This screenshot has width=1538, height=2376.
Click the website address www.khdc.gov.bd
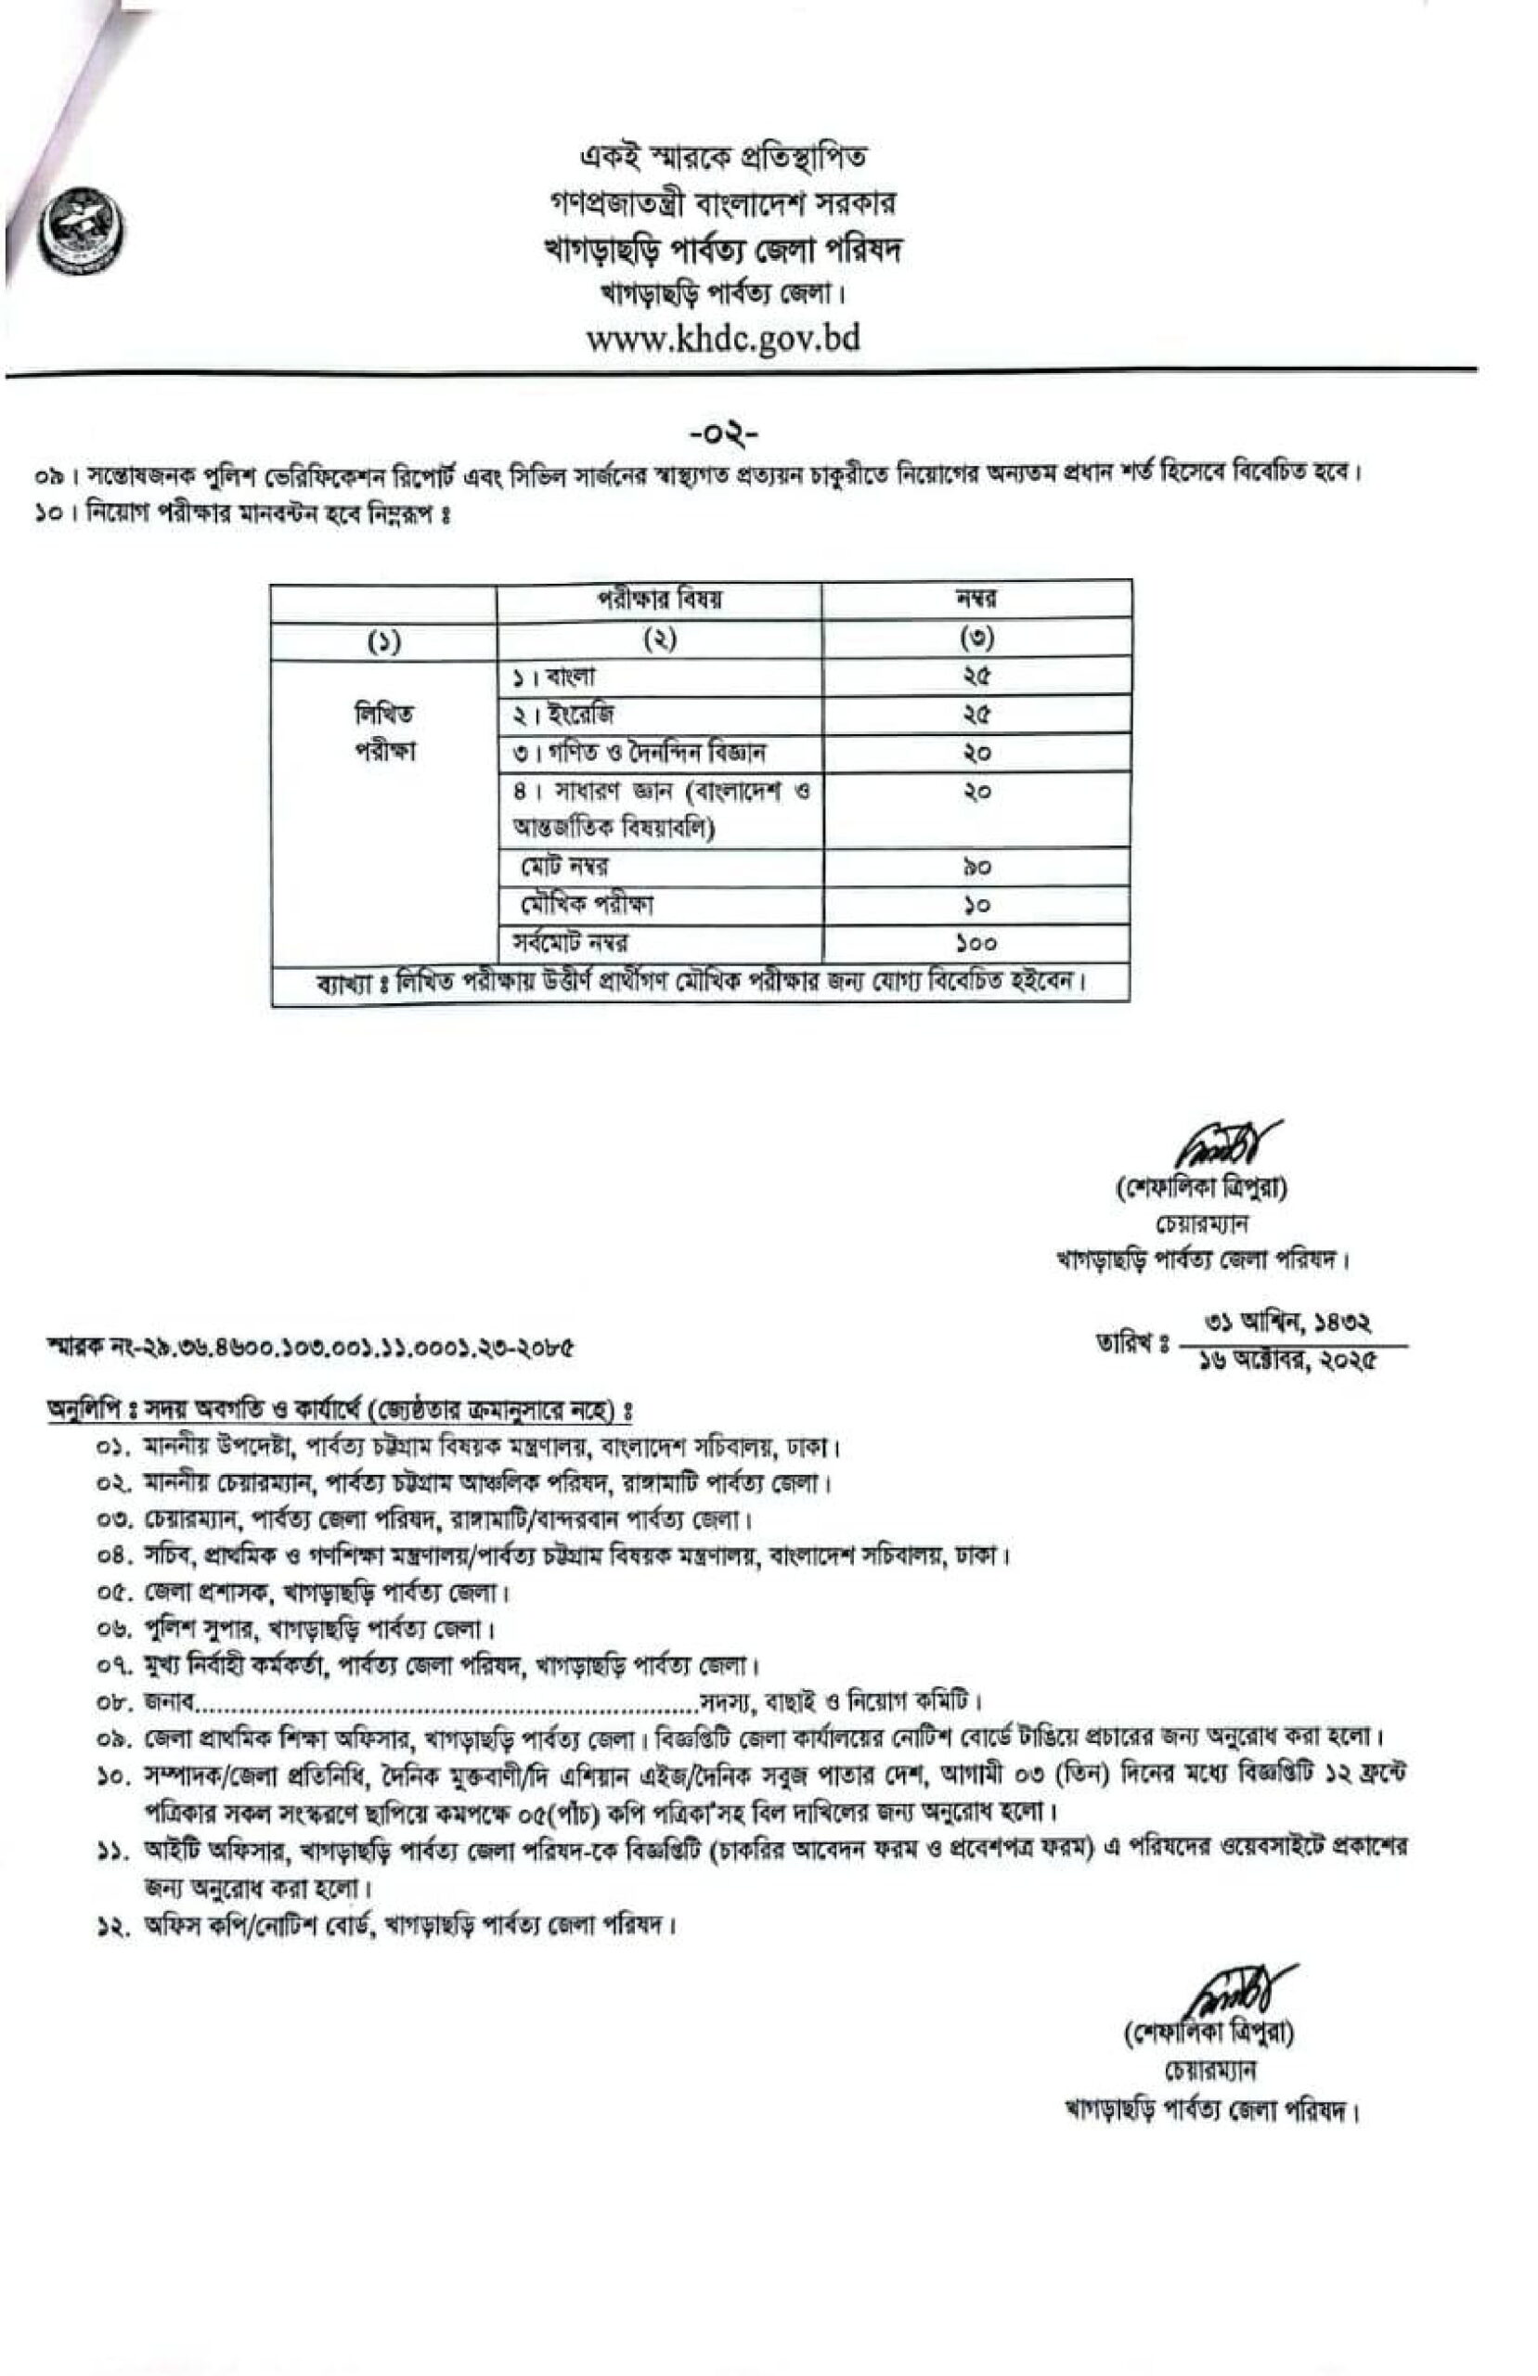pyautogui.click(x=722, y=340)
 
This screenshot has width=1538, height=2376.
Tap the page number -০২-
pyautogui.click(x=723, y=434)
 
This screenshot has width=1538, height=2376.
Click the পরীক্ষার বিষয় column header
pyautogui.click(x=659, y=599)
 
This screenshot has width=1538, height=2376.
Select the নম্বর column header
pyautogui.click(x=976, y=599)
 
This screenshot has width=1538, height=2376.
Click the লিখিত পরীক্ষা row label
pyautogui.click(x=384, y=731)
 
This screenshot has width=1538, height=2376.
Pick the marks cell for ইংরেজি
pyautogui.click(x=976, y=715)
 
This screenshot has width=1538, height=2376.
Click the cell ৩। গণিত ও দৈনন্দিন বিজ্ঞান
pyautogui.click(x=640, y=753)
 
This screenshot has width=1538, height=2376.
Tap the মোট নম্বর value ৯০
pyautogui.click(x=976, y=867)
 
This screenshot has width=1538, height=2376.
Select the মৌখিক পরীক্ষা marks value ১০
pyautogui.click(x=976, y=905)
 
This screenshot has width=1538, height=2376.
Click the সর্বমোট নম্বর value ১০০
pyautogui.click(x=976, y=942)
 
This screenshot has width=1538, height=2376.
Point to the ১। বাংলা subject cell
pyautogui.click(x=554, y=677)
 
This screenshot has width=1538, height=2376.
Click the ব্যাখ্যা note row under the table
pyautogui.click(x=700, y=982)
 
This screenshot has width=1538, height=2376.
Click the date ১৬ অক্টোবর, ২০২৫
pyautogui.click(x=1288, y=1361)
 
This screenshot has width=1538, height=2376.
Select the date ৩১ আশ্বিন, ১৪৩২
pyautogui.click(x=1288, y=1324)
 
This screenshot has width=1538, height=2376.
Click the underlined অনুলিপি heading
pyautogui.click(x=340, y=1411)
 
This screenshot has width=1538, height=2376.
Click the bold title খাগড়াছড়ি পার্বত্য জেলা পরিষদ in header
pyautogui.click(x=722, y=250)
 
